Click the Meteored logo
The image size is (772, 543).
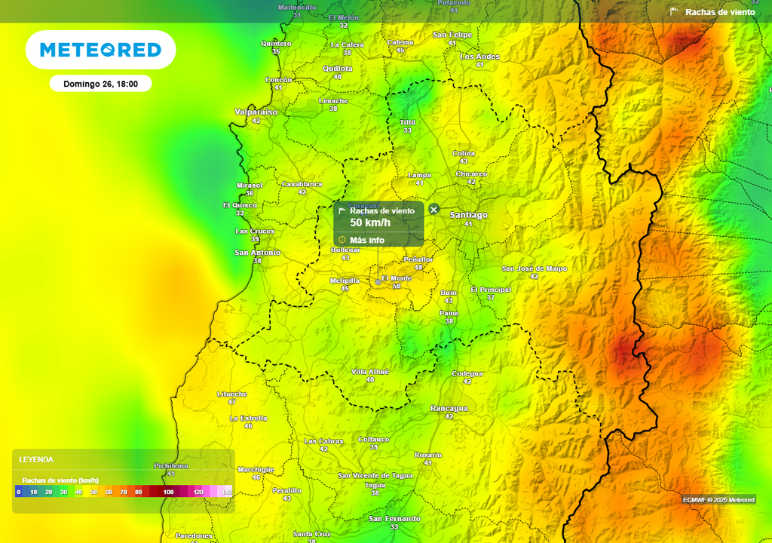[100, 50]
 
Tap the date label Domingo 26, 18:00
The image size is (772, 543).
[100, 84]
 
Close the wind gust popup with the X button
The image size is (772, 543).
[433, 209]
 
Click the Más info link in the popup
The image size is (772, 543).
[366, 240]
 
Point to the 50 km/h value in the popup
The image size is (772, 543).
[370, 222]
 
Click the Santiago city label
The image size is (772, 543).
[468, 215]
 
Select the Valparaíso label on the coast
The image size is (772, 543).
[256, 112]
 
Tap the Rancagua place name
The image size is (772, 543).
[449, 408]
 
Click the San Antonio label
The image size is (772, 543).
[257, 253]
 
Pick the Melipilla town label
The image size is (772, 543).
[345, 281]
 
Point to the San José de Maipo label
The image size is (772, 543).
[534, 268]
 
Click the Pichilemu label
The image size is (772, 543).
[170, 466]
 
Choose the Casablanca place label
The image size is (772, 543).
[302, 184]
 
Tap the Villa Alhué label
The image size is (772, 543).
[370, 372]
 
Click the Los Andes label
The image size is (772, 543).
[479, 57]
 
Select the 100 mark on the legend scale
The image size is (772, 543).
[168, 492]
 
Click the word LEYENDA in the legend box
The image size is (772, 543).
[36, 459]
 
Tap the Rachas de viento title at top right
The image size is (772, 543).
[719, 12]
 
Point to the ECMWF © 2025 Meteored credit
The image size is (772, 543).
[718, 500]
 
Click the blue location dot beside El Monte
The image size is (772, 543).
[378, 282]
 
